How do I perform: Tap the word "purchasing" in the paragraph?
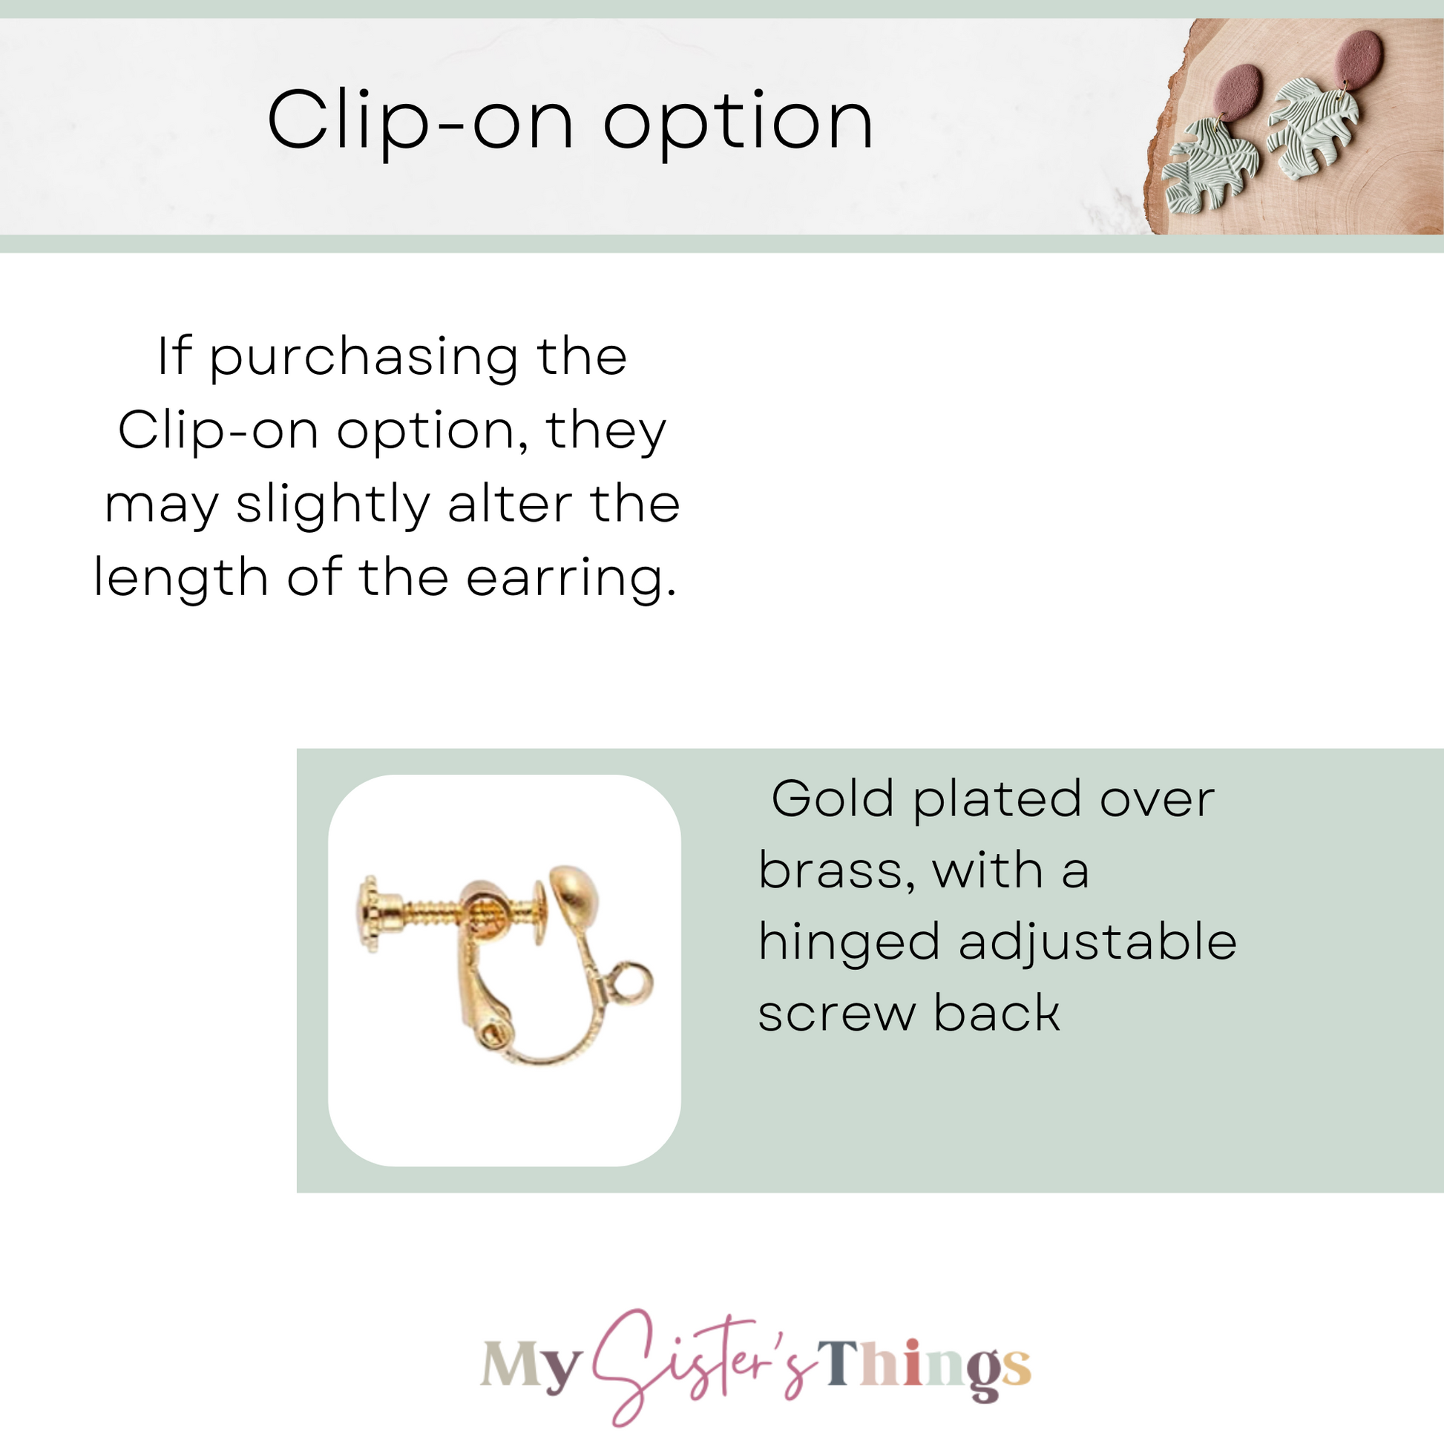364,358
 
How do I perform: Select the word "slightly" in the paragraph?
333,506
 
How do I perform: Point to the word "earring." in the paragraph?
572,580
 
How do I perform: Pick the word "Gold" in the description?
833,800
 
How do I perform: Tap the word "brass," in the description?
836,872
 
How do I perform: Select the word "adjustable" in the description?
1098,944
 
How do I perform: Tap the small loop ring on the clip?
630,985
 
